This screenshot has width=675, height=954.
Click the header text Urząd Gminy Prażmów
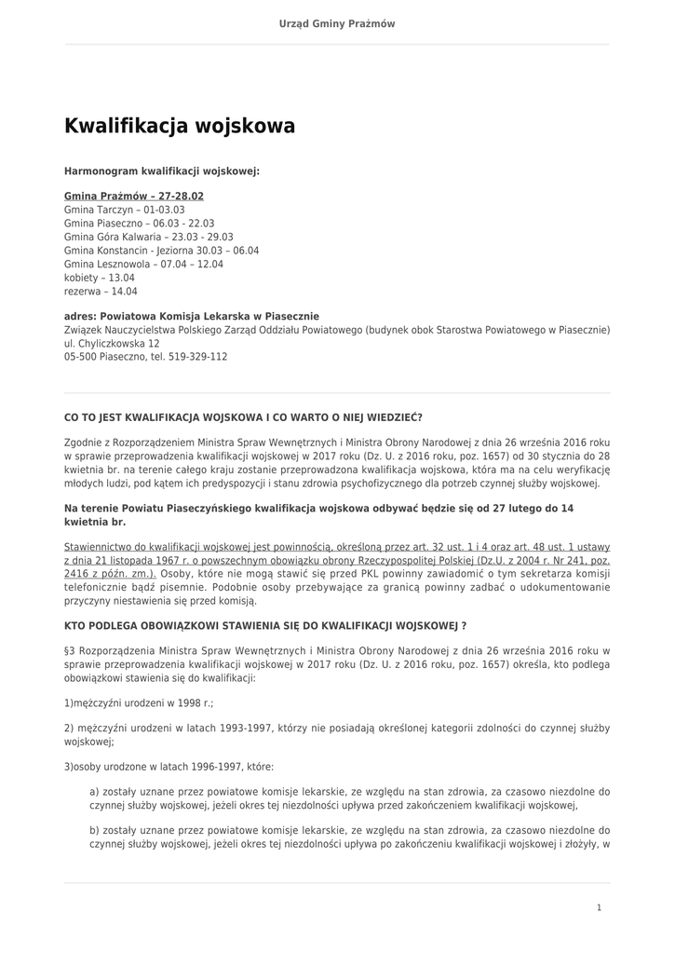click(x=337, y=23)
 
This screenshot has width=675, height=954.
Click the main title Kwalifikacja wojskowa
click(x=180, y=126)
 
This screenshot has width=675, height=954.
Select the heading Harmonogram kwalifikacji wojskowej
click(x=162, y=171)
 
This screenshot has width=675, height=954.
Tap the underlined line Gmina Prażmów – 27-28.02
click(x=134, y=197)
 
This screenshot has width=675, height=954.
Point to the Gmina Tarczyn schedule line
click(x=125, y=211)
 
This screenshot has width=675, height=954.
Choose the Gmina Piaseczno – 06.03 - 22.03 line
click(x=140, y=224)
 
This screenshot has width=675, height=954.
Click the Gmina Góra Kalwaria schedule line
click(x=149, y=238)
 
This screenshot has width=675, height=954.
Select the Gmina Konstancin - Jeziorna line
click(x=162, y=251)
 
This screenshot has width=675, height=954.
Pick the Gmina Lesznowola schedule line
click(x=144, y=265)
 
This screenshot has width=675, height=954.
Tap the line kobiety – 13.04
click(x=100, y=278)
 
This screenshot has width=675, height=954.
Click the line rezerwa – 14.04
click(x=101, y=292)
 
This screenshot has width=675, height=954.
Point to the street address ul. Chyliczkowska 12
click(x=112, y=343)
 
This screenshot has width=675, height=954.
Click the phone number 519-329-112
click(x=198, y=357)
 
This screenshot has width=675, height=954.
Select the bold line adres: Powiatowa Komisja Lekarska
click(x=192, y=317)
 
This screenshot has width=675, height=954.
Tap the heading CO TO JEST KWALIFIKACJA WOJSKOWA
click(x=243, y=417)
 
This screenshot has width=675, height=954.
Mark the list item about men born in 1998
click(x=139, y=702)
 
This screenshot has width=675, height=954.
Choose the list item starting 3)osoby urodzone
click(x=169, y=767)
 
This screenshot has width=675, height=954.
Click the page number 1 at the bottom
click(x=600, y=907)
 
